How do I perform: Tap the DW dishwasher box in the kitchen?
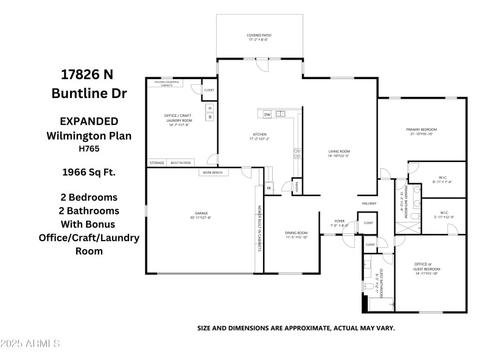[267, 114]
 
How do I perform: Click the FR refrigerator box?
[268, 188]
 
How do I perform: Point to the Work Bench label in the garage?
[212, 173]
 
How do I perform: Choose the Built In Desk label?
[181, 163]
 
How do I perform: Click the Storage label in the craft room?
[157, 163]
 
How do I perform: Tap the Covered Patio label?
[259, 35]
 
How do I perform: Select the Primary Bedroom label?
[422, 129]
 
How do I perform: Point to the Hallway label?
[370, 203]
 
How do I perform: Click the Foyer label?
[340, 221]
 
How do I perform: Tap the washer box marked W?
[210, 116]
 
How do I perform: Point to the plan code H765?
[88, 147]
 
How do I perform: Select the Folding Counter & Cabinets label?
[167, 83]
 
